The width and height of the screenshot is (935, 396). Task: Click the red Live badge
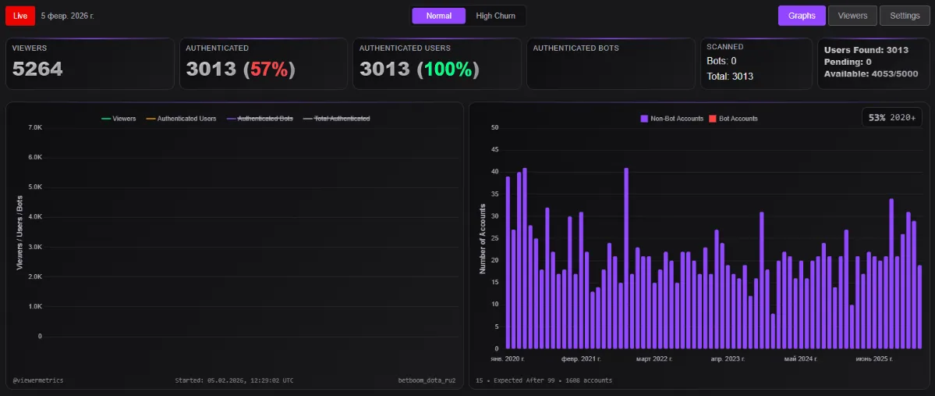click(20, 16)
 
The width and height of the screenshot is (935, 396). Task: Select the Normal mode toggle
click(438, 16)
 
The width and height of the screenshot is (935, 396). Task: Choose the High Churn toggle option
click(495, 16)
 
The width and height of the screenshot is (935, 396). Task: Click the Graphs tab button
click(801, 16)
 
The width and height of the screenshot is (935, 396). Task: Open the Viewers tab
click(852, 16)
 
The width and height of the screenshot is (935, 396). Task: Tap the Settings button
click(905, 16)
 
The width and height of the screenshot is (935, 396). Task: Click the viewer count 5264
click(37, 70)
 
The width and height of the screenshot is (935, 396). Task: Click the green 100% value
click(447, 70)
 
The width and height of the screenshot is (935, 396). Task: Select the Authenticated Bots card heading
click(576, 48)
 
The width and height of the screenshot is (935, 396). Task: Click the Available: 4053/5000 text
click(866, 74)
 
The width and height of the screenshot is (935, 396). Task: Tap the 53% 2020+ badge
click(892, 117)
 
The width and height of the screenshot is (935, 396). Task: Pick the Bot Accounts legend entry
click(733, 119)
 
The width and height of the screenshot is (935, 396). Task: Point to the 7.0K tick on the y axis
click(34, 127)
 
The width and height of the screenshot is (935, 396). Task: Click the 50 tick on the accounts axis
click(494, 127)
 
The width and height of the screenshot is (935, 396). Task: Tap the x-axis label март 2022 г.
click(653, 359)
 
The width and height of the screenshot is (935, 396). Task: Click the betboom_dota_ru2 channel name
click(426, 380)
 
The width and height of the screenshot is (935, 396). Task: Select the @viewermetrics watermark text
click(38, 380)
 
